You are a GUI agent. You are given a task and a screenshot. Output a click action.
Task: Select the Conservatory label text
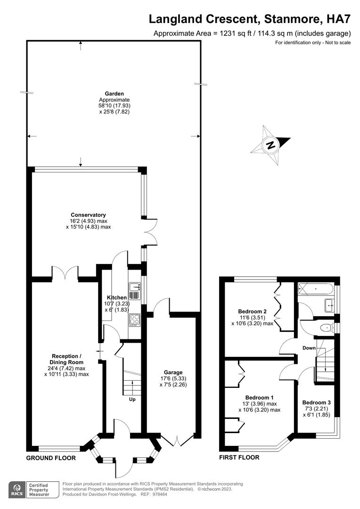click(88, 215)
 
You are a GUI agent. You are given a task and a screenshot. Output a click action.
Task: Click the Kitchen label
click(116, 297)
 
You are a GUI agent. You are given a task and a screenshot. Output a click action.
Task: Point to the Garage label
click(173, 372)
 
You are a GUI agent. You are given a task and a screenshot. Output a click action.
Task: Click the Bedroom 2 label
click(252, 312)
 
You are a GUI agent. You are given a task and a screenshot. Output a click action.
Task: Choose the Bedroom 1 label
click(259, 397)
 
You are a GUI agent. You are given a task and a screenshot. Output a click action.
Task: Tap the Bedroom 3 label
click(316, 402)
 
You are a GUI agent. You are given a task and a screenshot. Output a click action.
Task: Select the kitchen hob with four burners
click(134, 320)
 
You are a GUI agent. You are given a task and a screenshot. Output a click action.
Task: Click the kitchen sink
click(135, 287)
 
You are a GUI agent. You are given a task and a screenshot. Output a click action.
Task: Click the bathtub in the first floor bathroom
click(316, 287)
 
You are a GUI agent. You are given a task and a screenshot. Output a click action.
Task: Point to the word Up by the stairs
click(132, 400)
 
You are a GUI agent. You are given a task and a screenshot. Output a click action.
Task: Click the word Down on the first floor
click(309, 348)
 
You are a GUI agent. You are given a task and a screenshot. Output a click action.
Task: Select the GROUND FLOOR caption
click(50, 458)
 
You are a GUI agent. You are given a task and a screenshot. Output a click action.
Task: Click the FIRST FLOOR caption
click(239, 457)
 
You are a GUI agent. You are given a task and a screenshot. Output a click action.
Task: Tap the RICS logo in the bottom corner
click(18, 491)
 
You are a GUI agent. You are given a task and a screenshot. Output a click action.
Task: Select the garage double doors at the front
click(179, 441)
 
